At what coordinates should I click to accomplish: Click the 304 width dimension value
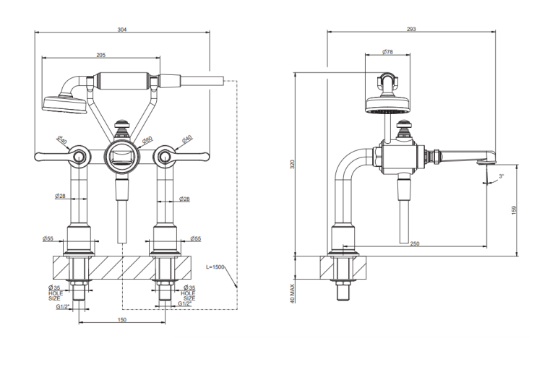click(122, 30)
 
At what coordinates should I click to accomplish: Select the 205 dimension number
click(100, 55)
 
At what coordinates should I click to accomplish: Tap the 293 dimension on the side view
click(411, 30)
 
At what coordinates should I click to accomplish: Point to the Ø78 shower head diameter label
click(387, 52)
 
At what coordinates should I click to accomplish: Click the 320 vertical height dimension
click(292, 164)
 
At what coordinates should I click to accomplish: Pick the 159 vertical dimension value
click(514, 210)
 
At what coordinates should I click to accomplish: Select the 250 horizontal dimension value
click(415, 243)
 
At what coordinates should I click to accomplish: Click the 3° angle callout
click(502, 176)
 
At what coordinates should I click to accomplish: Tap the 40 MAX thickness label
click(293, 294)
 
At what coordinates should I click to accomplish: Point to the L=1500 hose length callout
click(215, 267)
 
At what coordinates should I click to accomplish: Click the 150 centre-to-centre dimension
click(122, 320)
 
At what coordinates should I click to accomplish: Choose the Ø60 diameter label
click(147, 140)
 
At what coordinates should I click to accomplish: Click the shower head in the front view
click(64, 103)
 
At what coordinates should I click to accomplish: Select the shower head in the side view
click(387, 104)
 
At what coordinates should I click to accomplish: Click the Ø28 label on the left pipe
click(60, 196)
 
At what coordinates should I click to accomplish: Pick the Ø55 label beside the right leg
click(195, 238)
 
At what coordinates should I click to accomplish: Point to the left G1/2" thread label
click(63, 306)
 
